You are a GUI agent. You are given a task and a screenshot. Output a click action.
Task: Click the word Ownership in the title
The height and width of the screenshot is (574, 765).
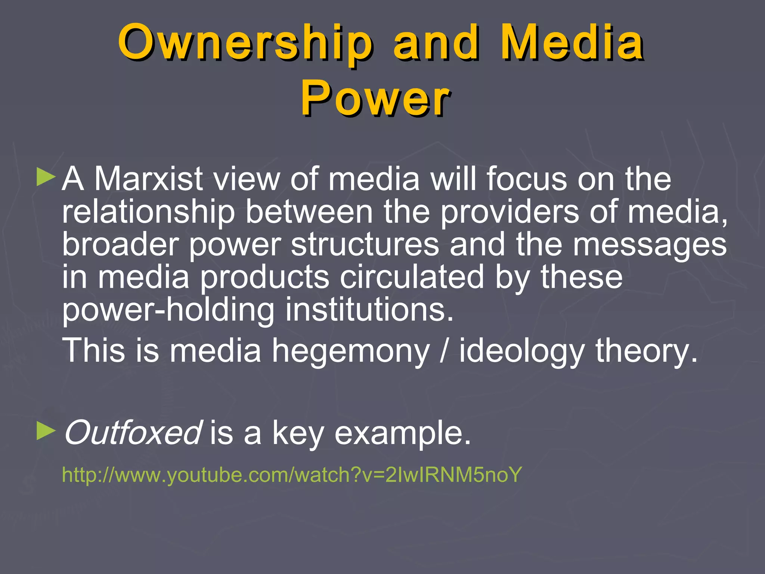click(x=245, y=43)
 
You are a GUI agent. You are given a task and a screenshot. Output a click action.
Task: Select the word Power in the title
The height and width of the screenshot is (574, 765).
click(x=375, y=98)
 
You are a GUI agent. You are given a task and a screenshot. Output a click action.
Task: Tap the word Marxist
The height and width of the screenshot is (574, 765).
click(x=148, y=179)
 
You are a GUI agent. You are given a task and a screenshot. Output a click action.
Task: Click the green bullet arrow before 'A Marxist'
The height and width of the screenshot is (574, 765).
click(x=46, y=177)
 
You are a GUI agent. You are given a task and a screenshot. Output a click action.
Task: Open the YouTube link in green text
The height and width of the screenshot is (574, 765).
click(x=291, y=475)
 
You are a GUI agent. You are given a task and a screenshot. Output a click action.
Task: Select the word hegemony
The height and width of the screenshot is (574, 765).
click(x=351, y=351)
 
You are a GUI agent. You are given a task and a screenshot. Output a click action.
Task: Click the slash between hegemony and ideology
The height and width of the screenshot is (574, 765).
click(x=444, y=351)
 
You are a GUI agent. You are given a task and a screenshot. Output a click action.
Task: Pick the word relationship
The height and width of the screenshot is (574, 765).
click(x=148, y=212)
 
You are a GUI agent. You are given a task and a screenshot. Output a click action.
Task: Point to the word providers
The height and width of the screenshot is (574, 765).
click(x=510, y=212)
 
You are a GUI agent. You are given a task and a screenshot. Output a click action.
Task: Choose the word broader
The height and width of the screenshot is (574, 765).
click(x=120, y=244)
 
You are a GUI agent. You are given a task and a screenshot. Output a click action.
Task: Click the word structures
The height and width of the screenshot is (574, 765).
click(x=365, y=244)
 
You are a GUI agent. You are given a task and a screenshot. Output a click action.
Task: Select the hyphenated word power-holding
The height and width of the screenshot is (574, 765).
click(x=168, y=310)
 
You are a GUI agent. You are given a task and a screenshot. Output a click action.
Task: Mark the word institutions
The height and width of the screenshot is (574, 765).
click(x=369, y=310)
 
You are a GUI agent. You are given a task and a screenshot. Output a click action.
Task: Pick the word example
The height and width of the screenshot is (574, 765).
click(x=402, y=433)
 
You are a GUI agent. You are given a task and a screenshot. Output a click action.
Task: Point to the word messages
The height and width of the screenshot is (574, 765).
click(x=650, y=244)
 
